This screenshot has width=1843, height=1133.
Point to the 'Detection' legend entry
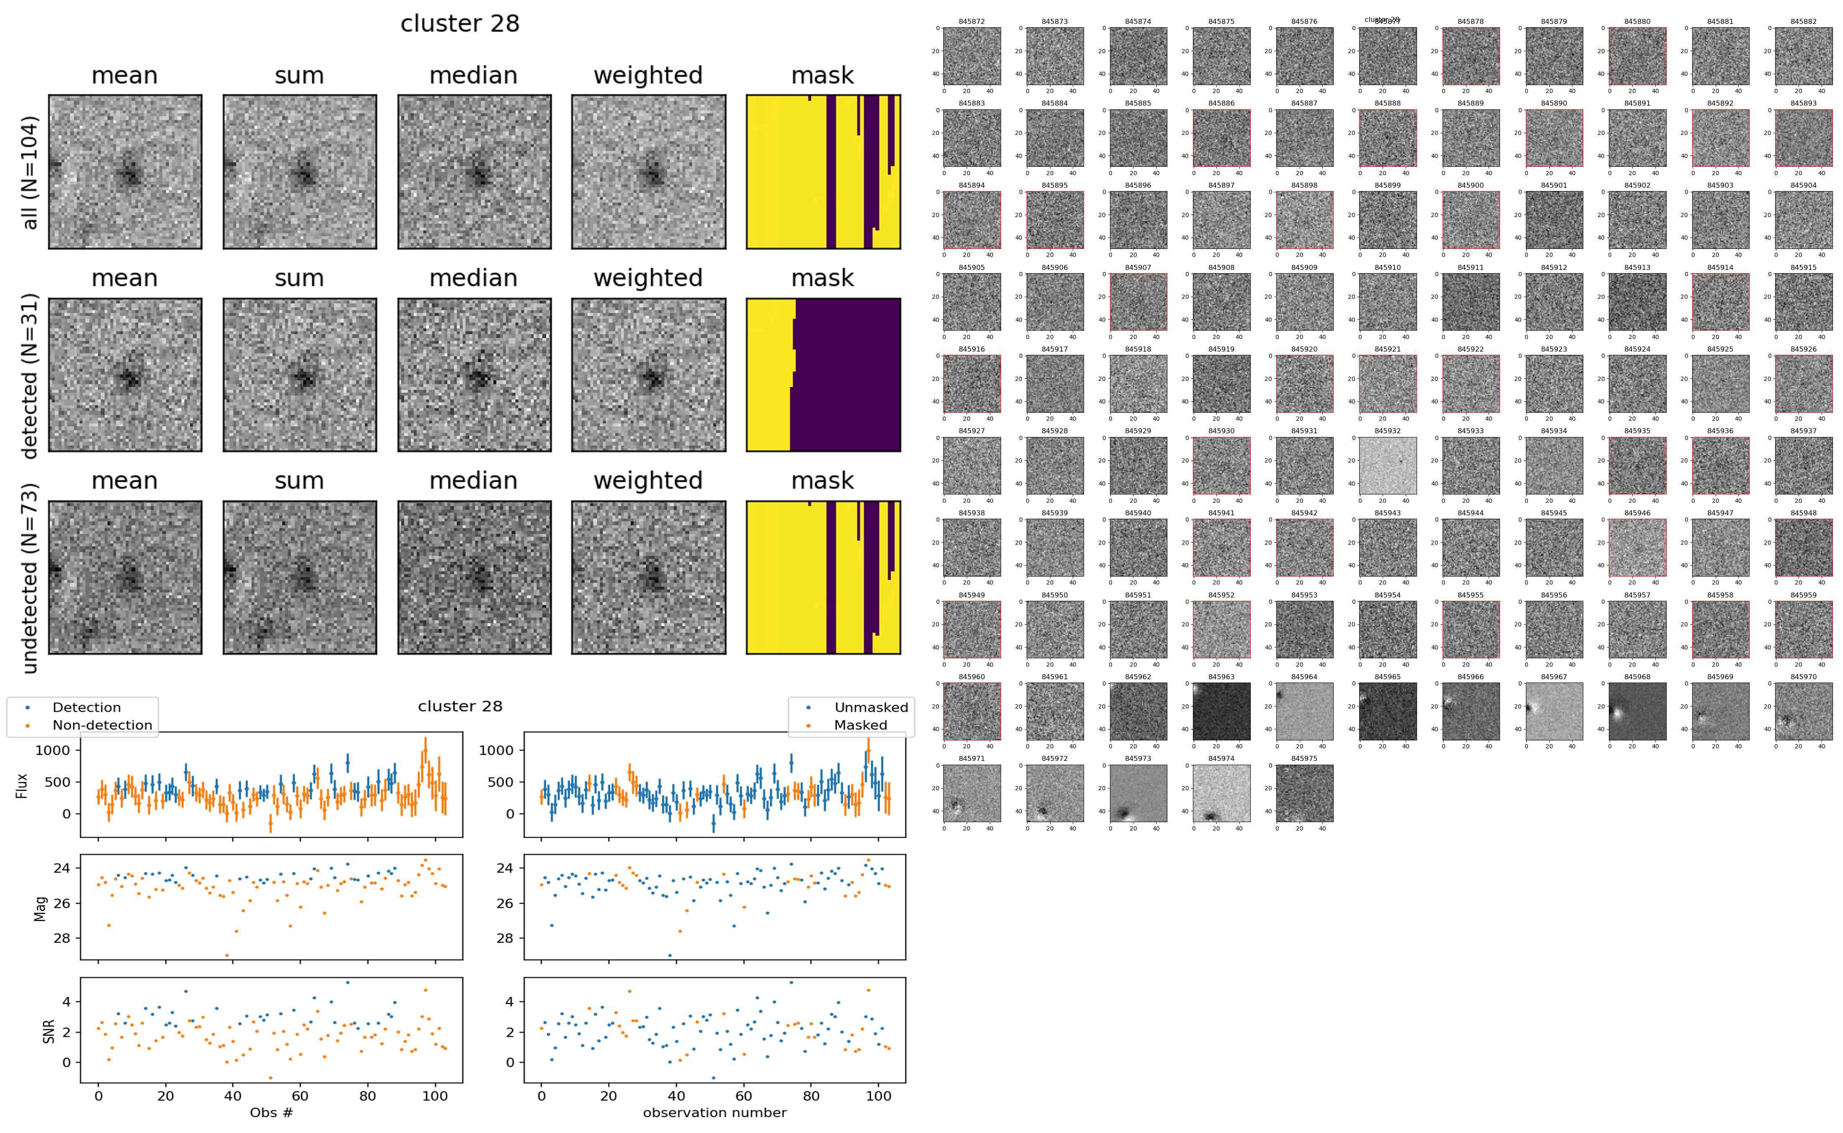pos(86,707)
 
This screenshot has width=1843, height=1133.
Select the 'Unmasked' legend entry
pos(870,707)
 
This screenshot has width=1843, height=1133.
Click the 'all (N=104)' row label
pos(30,172)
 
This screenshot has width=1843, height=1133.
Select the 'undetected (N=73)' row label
pos(30,578)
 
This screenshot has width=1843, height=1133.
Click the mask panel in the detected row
pos(823,375)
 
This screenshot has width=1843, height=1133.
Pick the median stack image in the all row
pos(474,172)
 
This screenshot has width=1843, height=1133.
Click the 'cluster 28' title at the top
pos(460,24)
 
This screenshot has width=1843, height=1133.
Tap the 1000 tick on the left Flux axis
pos(52,750)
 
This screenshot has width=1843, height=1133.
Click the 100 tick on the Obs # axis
pos(435,1096)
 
